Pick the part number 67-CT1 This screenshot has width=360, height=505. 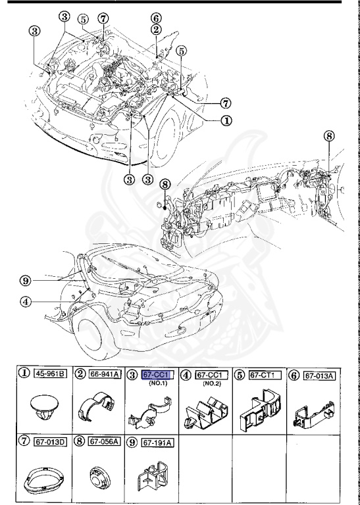pos(265,375)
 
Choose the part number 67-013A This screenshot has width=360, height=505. pos(321,375)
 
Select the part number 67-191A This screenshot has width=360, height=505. pos(158,442)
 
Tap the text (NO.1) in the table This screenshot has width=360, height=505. pos(157,383)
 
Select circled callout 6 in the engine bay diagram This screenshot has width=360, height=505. pos(155,18)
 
